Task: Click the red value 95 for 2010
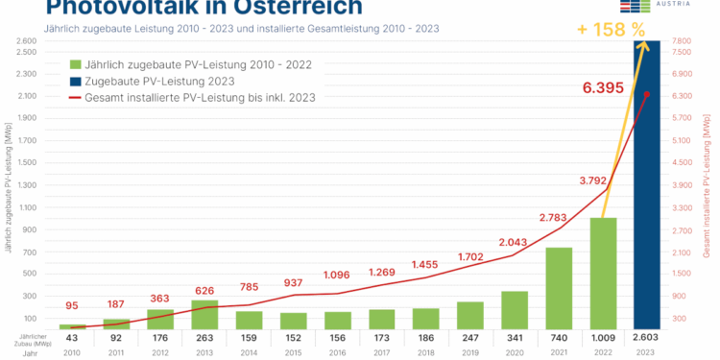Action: pyautogui.click(x=72, y=306)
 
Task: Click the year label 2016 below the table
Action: pyautogui.click(x=337, y=352)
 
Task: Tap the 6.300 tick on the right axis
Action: pyautogui.click(x=682, y=96)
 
